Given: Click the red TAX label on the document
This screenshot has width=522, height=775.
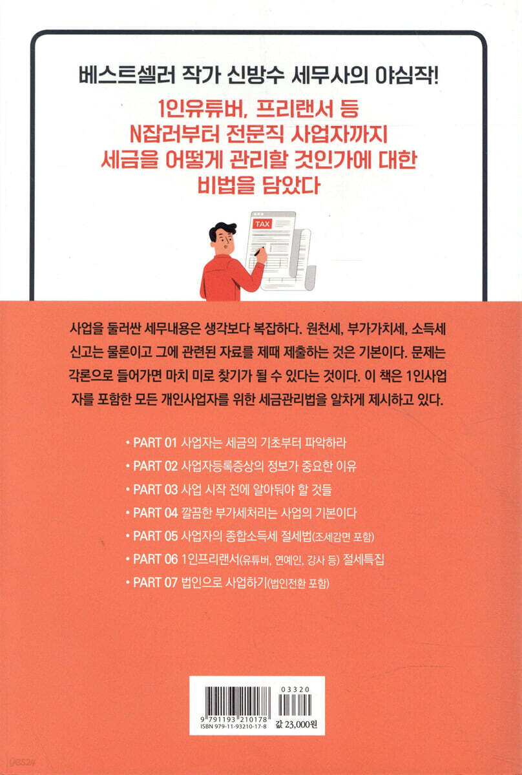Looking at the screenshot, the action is coord(262,224).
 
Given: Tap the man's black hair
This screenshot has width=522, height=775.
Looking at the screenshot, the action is coord(222,231).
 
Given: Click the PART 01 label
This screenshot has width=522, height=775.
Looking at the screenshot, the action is coord(155,443).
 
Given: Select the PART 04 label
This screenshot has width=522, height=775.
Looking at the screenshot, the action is coord(156,513).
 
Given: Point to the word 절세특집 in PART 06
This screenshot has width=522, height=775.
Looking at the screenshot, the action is coord(363,559).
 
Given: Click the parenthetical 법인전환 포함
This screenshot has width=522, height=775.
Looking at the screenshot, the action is coord(298,584).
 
